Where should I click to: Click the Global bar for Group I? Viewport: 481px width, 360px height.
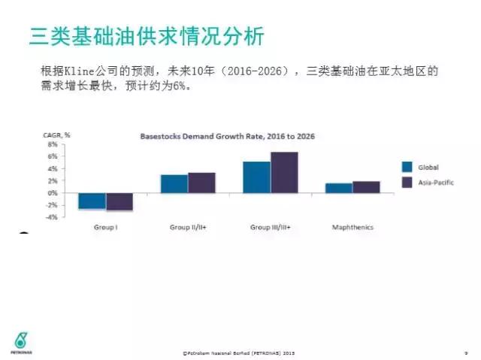(x=92, y=201)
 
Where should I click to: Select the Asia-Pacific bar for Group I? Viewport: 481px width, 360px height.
(x=119, y=201)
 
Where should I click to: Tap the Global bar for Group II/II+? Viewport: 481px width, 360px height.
(x=174, y=183)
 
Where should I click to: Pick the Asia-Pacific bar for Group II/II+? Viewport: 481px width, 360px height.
(x=201, y=183)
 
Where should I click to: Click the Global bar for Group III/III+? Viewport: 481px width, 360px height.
(x=256, y=177)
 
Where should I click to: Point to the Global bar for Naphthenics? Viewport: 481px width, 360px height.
(x=339, y=188)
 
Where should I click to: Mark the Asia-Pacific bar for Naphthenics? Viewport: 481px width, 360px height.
(x=366, y=187)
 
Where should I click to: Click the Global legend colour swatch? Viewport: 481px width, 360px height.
(x=407, y=167)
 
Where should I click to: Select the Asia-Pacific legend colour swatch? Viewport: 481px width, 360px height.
(x=407, y=181)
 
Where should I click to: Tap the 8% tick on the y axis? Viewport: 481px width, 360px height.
(x=53, y=144)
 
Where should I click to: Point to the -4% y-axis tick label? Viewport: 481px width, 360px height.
(x=52, y=217)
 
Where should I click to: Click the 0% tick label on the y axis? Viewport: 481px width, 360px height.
(x=53, y=193)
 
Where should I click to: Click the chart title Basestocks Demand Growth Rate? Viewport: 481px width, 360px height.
(x=228, y=136)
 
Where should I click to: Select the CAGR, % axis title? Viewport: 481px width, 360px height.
(x=57, y=134)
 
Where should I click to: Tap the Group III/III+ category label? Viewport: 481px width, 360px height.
(x=270, y=227)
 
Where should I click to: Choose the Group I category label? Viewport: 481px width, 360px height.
(x=105, y=227)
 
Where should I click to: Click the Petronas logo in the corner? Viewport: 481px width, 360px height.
(x=20, y=339)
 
